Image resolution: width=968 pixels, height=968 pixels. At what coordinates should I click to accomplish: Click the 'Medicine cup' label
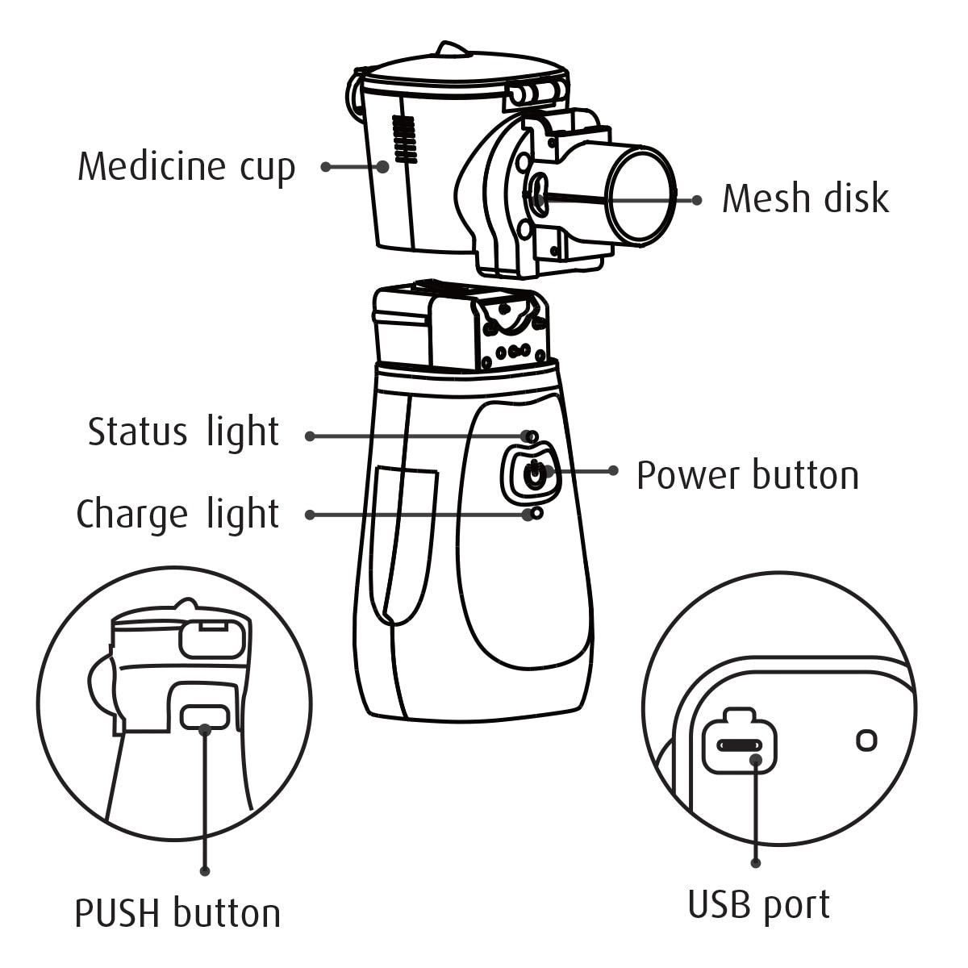pos(186,167)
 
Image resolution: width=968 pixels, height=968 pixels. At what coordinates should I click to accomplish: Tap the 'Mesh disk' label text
pos(805,198)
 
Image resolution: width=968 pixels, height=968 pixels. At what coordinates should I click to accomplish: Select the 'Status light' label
pos(183,432)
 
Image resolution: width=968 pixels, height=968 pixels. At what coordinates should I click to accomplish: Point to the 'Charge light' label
pos(177,514)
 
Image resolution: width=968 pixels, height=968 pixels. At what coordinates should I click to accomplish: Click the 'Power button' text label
pos(747,475)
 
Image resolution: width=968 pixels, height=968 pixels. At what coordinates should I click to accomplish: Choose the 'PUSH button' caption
pos(177,913)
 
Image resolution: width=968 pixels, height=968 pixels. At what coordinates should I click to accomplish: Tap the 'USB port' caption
pos(758,904)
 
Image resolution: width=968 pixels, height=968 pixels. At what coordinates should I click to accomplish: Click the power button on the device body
pos(532,474)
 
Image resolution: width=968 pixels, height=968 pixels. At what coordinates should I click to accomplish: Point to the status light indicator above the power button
pos(530,436)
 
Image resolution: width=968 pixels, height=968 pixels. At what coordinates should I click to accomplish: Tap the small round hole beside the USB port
pos(866,740)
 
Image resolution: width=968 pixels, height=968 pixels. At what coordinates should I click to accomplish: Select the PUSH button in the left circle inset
pos(205,716)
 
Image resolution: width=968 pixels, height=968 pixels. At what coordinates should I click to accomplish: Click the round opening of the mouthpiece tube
pos(642,194)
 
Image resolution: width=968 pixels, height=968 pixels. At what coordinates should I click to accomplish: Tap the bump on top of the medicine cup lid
pos(453,49)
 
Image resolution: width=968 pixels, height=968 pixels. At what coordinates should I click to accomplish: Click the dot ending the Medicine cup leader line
pos(326,167)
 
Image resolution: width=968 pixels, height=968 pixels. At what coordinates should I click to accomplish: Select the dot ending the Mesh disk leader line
pos(697,199)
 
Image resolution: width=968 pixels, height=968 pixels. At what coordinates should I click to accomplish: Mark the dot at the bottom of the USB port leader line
pos(756,862)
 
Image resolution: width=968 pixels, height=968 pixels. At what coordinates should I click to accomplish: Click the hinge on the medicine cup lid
pos(534,93)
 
